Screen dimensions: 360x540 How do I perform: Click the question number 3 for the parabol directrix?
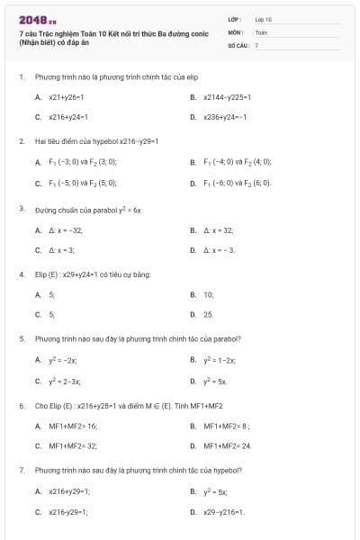[22, 209]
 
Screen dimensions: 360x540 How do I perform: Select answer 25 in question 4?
[209, 315]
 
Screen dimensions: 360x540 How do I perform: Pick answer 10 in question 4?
[209, 294]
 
